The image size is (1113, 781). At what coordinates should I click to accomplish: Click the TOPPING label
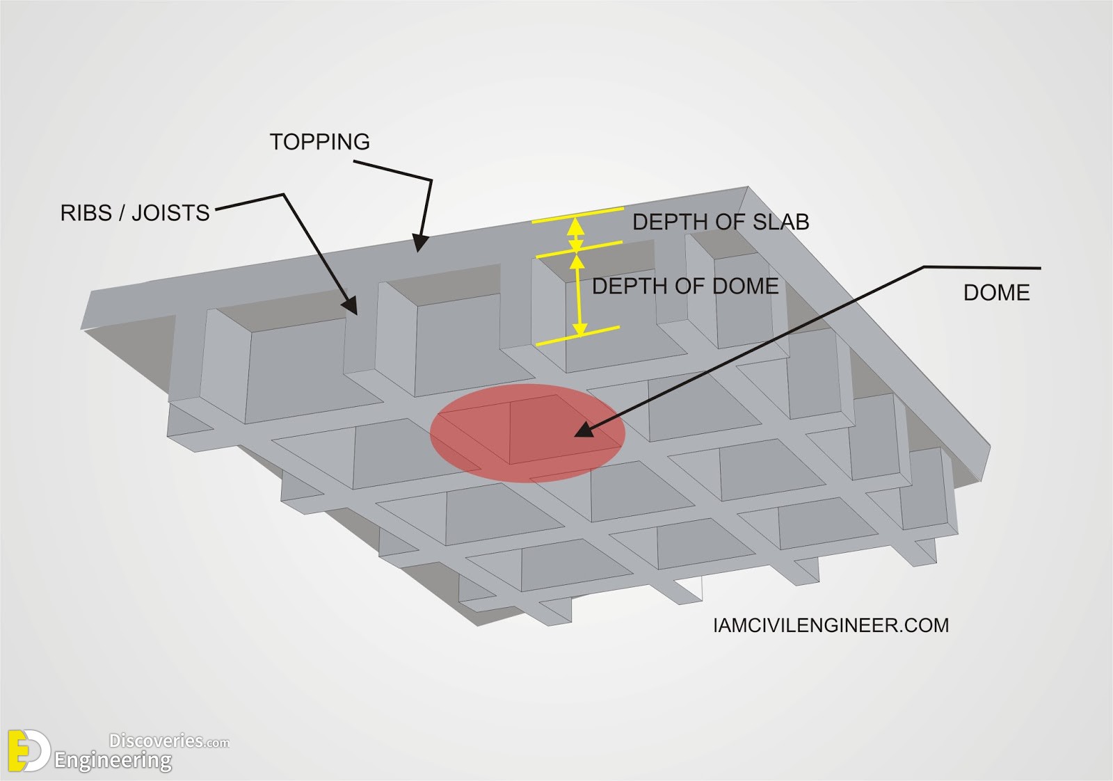[x=319, y=142]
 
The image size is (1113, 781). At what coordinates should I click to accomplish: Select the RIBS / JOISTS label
[x=135, y=213]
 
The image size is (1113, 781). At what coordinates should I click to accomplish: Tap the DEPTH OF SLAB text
[x=721, y=222]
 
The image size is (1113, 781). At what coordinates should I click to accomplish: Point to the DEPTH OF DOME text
[x=685, y=286]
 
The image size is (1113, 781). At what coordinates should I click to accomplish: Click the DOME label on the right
[x=996, y=293]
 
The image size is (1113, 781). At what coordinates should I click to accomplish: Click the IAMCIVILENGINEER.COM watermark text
[x=831, y=625]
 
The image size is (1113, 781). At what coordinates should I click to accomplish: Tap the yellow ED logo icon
[x=29, y=750]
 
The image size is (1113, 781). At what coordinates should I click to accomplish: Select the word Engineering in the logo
[x=113, y=761]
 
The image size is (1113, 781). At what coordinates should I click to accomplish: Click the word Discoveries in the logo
[x=156, y=741]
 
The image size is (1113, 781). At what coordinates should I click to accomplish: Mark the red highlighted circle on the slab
[x=527, y=433]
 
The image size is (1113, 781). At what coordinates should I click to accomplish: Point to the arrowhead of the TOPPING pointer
[x=420, y=243]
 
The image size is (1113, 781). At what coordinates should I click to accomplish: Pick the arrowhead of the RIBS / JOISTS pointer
[x=351, y=305]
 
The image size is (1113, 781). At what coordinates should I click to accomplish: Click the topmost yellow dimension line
[x=577, y=215]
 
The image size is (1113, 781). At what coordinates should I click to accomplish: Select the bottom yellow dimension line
[x=578, y=335]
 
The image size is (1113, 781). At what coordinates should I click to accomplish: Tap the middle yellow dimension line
[x=579, y=250]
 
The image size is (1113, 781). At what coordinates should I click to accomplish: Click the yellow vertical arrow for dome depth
[x=578, y=295]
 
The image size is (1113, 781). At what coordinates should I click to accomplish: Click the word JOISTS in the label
[x=170, y=213]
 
